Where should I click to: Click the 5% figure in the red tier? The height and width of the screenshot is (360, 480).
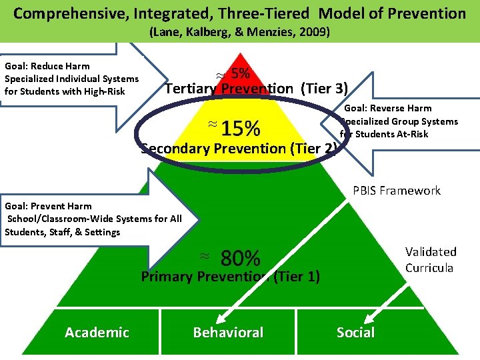pyautogui.click(x=241, y=73)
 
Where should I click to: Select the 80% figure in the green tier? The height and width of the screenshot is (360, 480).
pyautogui.click(x=240, y=257)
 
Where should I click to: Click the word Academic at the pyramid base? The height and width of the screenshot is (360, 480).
pyautogui.click(x=97, y=332)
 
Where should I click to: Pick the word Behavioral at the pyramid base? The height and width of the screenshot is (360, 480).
pyautogui.click(x=228, y=332)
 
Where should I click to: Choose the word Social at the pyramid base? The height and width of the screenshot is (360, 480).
pyautogui.click(x=355, y=332)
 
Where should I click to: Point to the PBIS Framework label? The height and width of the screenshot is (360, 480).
pyautogui.click(x=396, y=191)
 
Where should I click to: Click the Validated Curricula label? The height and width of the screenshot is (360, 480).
pyautogui.click(x=431, y=260)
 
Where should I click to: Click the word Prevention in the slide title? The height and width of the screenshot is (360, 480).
pyautogui.click(x=424, y=13)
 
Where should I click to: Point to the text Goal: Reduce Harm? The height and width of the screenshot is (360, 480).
pyautogui.click(x=47, y=66)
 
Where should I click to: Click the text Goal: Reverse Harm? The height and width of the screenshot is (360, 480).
pyautogui.click(x=387, y=108)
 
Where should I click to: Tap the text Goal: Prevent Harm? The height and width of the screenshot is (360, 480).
pyautogui.click(x=48, y=206)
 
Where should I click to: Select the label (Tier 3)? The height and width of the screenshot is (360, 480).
pyautogui.click(x=324, y=88)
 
